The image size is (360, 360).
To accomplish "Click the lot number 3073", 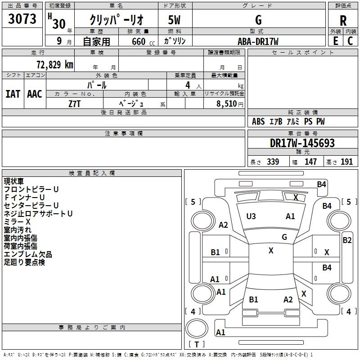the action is (x=22, y=19).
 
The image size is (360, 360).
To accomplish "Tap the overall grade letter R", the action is (x=343, y=21).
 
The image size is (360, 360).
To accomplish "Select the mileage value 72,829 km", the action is (x=55, y=65).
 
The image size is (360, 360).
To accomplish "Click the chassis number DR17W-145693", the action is (x=302, y=143).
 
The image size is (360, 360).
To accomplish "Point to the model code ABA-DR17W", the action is (x=258, y=41).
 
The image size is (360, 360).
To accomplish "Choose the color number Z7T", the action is (x=74, y=104).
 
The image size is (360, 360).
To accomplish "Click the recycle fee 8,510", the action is (x=226, y=103).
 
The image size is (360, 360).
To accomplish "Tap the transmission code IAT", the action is (x=13, y=94).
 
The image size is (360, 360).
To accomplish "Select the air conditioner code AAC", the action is (x=35, y=94).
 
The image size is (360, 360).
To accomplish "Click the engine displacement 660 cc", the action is (x=143, y=41).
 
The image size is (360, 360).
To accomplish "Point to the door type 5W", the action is (x=174, y=20).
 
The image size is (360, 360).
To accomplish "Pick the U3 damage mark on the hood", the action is (x=251, y=216).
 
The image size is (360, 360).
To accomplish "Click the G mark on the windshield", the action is (x=284, y=237).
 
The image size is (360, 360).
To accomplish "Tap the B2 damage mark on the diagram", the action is (x=347, y=240).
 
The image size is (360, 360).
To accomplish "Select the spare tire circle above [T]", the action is (x=197, y=328).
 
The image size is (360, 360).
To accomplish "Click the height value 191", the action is (x=346, y=162).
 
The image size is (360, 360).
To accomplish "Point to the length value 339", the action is (x=273, y=162).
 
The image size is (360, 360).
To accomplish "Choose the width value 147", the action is (x=310, y=162).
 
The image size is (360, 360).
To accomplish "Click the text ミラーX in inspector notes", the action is (x=17, y=222).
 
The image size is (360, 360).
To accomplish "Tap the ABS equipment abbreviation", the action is (x=258, y=121).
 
